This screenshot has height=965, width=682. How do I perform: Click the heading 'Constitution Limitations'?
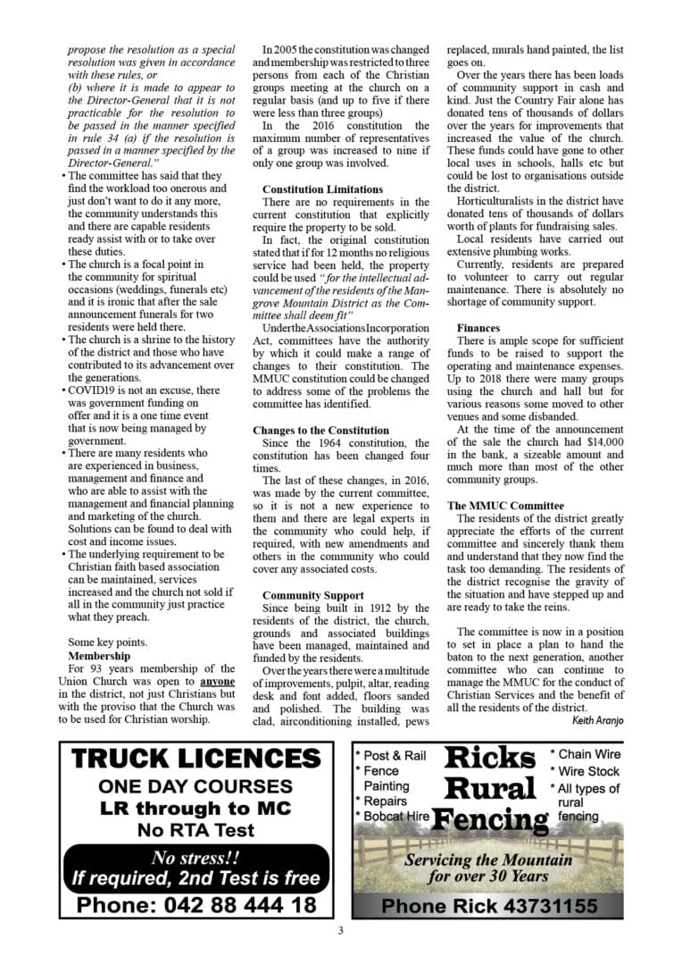322,189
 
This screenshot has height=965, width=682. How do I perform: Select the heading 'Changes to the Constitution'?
320,430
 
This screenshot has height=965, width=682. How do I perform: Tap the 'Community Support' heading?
312,595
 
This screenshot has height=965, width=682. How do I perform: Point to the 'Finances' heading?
478,328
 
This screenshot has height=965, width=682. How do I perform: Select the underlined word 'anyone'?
218,682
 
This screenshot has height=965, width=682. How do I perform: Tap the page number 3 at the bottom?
340,931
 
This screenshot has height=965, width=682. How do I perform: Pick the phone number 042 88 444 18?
195,903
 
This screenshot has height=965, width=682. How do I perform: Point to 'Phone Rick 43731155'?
488,906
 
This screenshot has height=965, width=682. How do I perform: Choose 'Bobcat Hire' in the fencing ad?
395,816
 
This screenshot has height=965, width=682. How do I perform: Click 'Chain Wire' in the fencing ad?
589,755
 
